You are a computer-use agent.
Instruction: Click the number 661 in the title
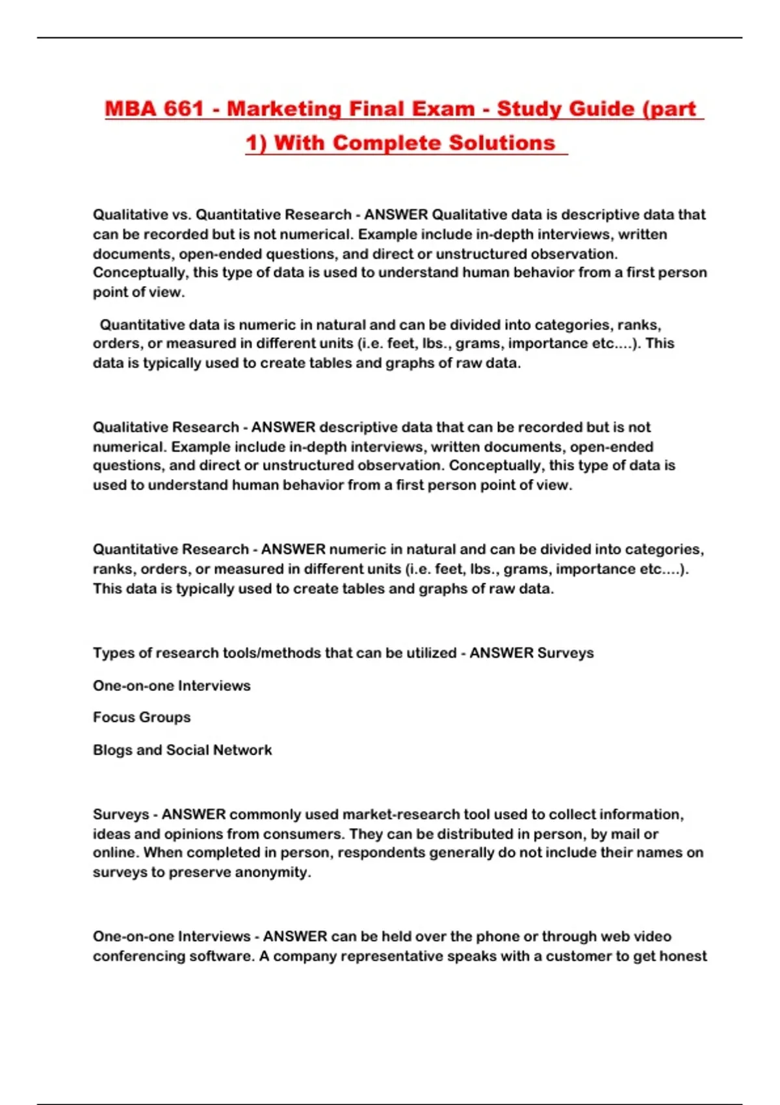coord(184,109)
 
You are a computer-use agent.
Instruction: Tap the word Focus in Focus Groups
coord(112,718)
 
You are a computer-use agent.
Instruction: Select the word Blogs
coord(112,750)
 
